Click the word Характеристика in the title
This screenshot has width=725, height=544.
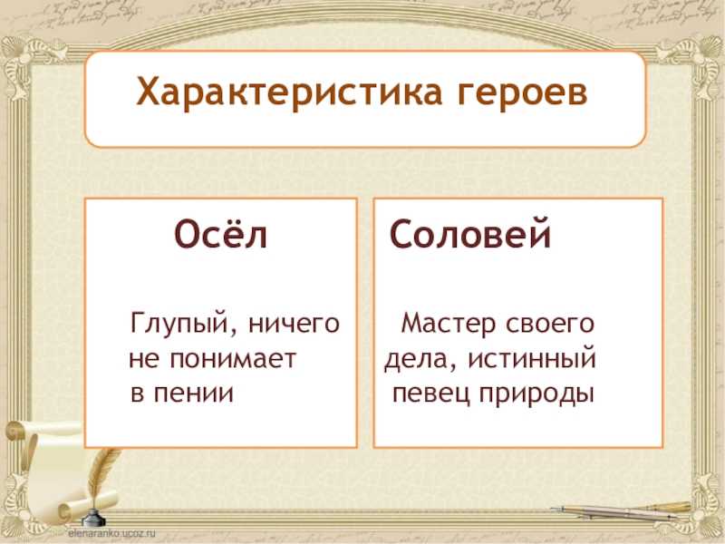pos(289,92)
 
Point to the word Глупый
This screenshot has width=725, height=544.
pos(179,325)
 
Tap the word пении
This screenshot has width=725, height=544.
pos(194,393)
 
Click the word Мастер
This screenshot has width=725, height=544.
pos(449,323)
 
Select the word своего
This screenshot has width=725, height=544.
pos(550,325)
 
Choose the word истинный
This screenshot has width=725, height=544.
pos(532,358)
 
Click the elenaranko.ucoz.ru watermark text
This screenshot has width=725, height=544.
pos(111,533)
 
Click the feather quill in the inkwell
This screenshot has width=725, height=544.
pos(101,477)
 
